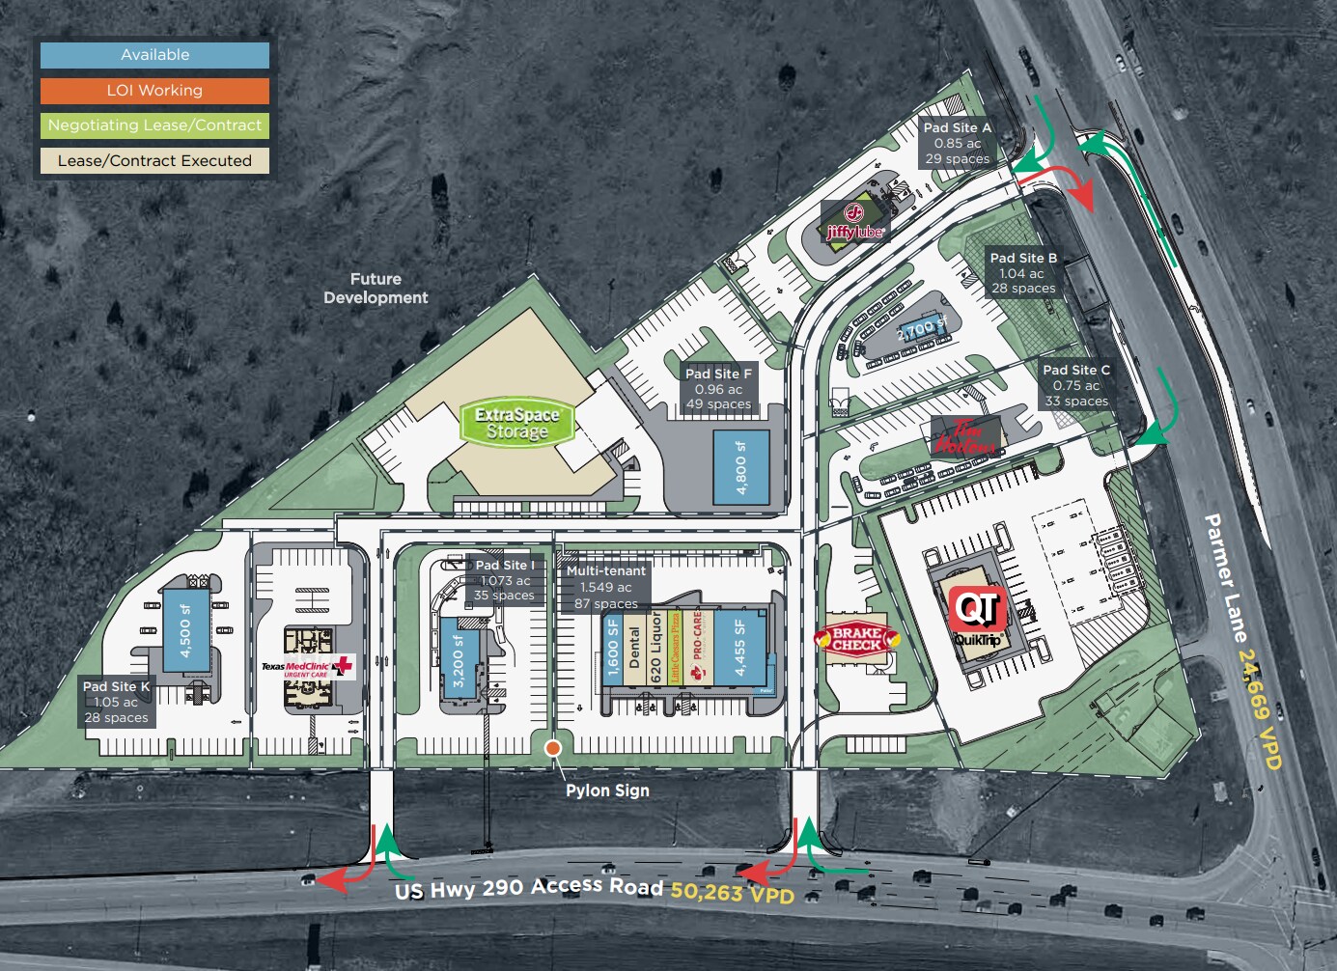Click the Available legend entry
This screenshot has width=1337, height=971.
[x=154, y=55]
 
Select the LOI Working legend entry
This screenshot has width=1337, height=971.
[x=154, y=91]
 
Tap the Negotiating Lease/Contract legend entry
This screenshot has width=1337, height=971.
[x=154, y=125]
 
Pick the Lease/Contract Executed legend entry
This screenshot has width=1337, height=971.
[x=154, y=161]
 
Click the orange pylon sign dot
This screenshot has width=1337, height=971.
[x=553, y=748]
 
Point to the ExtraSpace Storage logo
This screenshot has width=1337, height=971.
[x=517, y=423]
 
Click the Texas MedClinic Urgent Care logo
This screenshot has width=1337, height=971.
[x=307, y=667]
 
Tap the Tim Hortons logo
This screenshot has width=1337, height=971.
[x=964, y=437]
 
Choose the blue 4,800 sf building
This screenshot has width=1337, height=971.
[x=741, y=468]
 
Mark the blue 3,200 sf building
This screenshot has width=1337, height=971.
[x=459, y=660]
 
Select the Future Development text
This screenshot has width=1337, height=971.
[x=376, y=289]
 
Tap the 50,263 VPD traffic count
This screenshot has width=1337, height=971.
[x=733, y=893]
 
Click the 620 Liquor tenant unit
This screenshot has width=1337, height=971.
[x=656, y=649]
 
